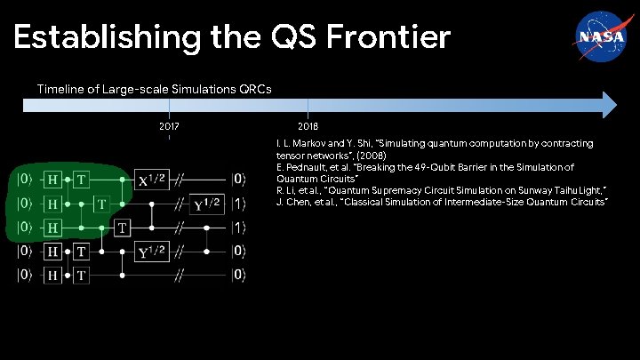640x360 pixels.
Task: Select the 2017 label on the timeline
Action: (x=169, y=127)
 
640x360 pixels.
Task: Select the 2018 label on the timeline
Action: (x=308, y=127)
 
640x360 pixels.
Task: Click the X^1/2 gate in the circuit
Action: (x=149, y=180)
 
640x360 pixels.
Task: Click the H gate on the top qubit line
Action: (x=55, y=180)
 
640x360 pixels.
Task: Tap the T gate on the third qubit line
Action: (x=124, y=228)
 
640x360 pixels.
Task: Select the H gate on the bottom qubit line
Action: (x=55, y=276)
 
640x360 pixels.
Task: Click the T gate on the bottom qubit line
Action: (x=81, y=276)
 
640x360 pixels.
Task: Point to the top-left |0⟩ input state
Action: (x=27, y=180)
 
